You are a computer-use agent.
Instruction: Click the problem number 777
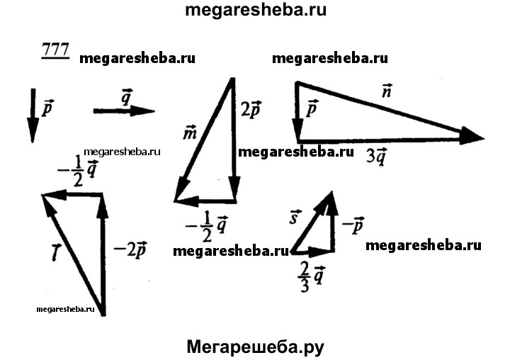tap(55, 50)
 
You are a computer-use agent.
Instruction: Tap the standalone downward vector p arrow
tap(33, 116)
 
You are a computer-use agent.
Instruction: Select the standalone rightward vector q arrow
tap(124, 111)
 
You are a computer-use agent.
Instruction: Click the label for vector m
tap(190, 133)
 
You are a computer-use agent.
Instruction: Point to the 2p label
tap(251, 109)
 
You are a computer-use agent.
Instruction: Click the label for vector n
tap(387, 91)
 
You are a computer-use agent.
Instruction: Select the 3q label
tap(377, 157)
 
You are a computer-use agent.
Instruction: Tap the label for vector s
tap(295, 217)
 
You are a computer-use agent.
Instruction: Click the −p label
tap(353, 225)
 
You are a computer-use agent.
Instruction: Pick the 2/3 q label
tap(311, 278)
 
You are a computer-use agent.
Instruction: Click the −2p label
tap(130, 250)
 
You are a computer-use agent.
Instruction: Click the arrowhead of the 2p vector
tap(234, 188)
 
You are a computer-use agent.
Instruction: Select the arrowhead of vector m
tap(181, 191)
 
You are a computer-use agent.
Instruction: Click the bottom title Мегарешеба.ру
tap(255, 347)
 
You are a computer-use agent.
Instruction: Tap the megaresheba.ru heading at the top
tap(256, 10)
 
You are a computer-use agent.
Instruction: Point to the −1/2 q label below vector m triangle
tap(206, 226)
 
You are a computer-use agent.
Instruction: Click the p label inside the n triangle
tap(312, 108)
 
